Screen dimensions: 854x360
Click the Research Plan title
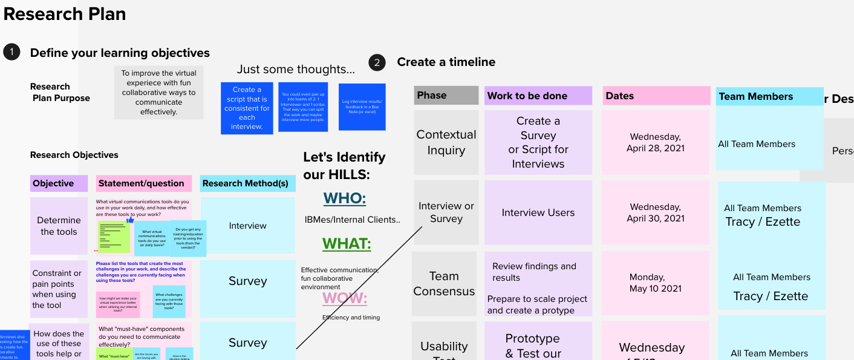pyautogui.click(x=65, y=14)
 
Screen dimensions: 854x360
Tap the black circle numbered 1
pyautogui.click(x=11, y=52)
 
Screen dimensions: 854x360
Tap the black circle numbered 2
pyautogui.click(x=377, y=62)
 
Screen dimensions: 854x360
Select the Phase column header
pyautogui.click(x=446, y=95)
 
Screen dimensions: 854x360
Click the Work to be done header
pyautogui.click(x=538, y=96)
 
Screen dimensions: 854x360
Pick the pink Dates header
pyautogui.click(x=656, y=96)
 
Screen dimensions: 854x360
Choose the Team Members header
pyautogui.click(x=769, y=96)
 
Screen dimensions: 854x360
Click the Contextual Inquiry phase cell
pyautogui.click(x=446, y=143)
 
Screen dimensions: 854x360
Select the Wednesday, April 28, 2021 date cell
pyautogui.click(x=656, y=143)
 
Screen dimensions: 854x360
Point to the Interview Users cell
pyautogui.click(x=538, y=212)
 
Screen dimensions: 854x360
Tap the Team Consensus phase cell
pyautogui.click(x=444, y=284)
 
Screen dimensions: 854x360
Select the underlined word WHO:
pyautogui.click(x=344, y=198)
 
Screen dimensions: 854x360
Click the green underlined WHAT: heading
pyautogui.click(x=346, y=244)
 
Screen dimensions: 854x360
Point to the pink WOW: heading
pyautogui.click(x=344, y=298)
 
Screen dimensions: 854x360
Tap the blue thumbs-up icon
pyautogui.click(x=130, y=221)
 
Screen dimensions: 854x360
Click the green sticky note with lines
pyautogui.click(x=114, y=237)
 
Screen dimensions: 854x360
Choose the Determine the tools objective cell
pyautogui.click(x=59, y=226)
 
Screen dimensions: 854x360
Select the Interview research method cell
pyautogui.click(x=247, y=226)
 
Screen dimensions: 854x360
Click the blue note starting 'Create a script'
pyautogui.click(x=247, y=108)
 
